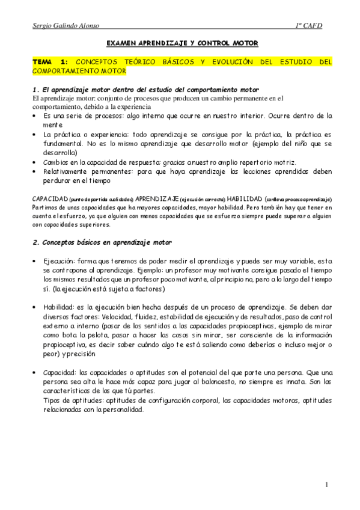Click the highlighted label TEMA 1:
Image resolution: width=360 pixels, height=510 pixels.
(50, 62)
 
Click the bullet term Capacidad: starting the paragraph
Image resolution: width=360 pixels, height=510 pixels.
(59, 373)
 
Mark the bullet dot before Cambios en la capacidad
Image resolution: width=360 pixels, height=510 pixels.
(34, 162)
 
